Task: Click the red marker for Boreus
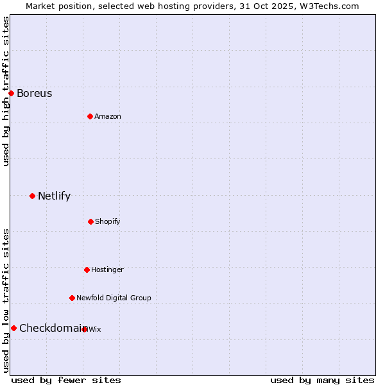point(11,93)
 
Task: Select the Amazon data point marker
point(90,116)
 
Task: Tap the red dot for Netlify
point(32,196)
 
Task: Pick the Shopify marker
point(90,221)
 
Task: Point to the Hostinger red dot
point(87,269)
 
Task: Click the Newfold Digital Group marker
point(72,298)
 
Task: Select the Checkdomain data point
point(13,328)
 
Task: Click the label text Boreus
point(35,94)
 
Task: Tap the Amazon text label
point(108,117)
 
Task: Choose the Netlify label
point(55,196)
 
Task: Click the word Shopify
point(108,222)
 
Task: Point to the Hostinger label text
point(107,270)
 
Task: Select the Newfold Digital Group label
point(114,298)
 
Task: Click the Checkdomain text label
point(51,329)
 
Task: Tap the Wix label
point(95,330)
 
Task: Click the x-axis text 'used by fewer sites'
point(66,381)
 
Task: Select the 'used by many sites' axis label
point(322,381)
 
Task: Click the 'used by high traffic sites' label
point(6,91)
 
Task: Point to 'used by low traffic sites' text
point(6,300)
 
